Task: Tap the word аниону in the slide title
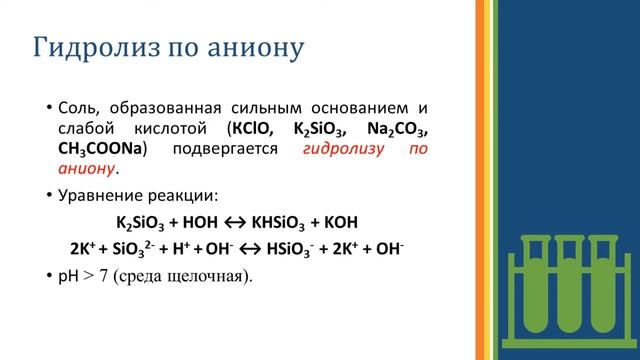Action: pos(257,47)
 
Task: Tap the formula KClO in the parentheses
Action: pos(254,129)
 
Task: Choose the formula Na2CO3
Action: pos(398,129)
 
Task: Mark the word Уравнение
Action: pos(109,195)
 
